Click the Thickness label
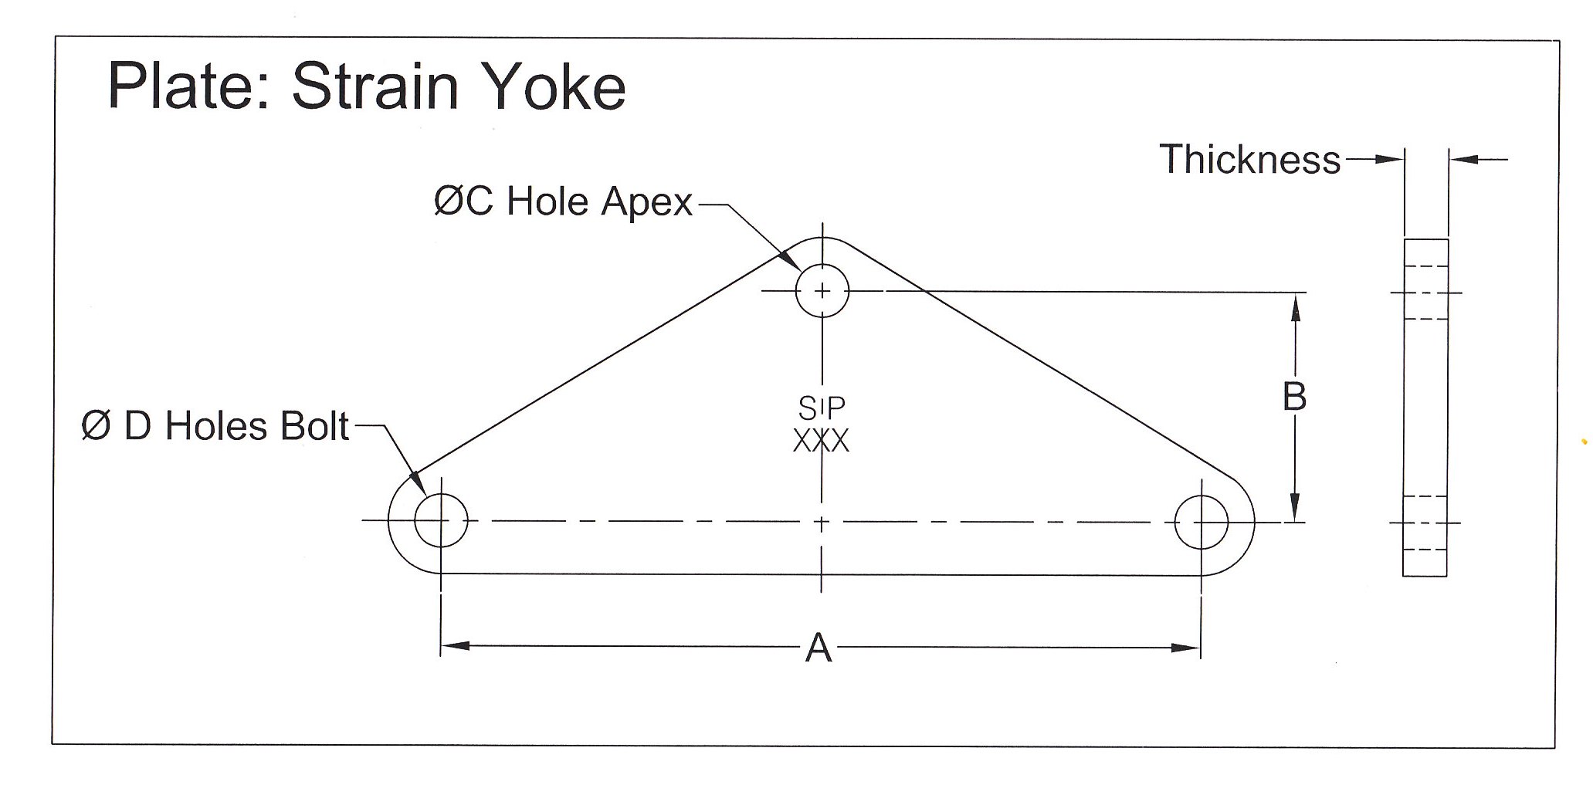[1250, 160]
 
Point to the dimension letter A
[819, 648]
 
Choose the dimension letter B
[1294, 398]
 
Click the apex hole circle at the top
[822, 291]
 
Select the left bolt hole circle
[441, 521]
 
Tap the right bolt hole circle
[1201, 522]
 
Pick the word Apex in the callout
[647, 202]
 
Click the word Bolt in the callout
[315, 427]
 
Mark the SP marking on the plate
[822, 406]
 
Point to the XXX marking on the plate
[821, 441]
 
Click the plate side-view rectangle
[1425, 408]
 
